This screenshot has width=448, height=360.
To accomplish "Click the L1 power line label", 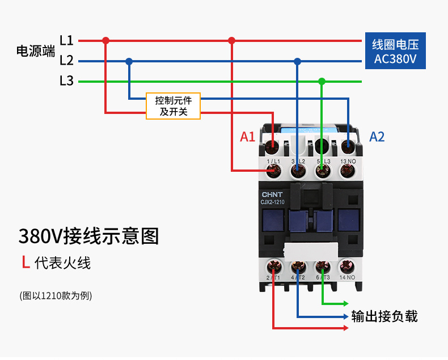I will [66, 41].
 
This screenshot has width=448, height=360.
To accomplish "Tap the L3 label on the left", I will [66, 81].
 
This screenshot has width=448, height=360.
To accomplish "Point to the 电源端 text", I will [35, 52].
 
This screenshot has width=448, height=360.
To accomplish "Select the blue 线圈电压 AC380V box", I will [395, 52].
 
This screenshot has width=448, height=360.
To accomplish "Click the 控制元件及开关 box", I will [174, 106].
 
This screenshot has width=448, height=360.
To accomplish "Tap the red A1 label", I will [247, 137].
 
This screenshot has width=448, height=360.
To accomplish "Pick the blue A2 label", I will [377, 137].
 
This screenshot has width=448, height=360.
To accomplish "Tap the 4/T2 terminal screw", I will [298, 266].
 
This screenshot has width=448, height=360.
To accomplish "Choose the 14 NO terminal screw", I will [346, 266].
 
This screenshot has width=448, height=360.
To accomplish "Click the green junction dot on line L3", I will [322, 81].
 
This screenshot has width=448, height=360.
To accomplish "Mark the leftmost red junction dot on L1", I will [105, 41].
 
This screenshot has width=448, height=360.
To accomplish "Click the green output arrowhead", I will [345, 304].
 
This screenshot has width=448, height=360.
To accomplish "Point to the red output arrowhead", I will [345, 328].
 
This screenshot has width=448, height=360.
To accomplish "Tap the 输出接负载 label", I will [384, 316].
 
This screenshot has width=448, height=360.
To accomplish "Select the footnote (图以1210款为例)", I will [55, 295].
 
